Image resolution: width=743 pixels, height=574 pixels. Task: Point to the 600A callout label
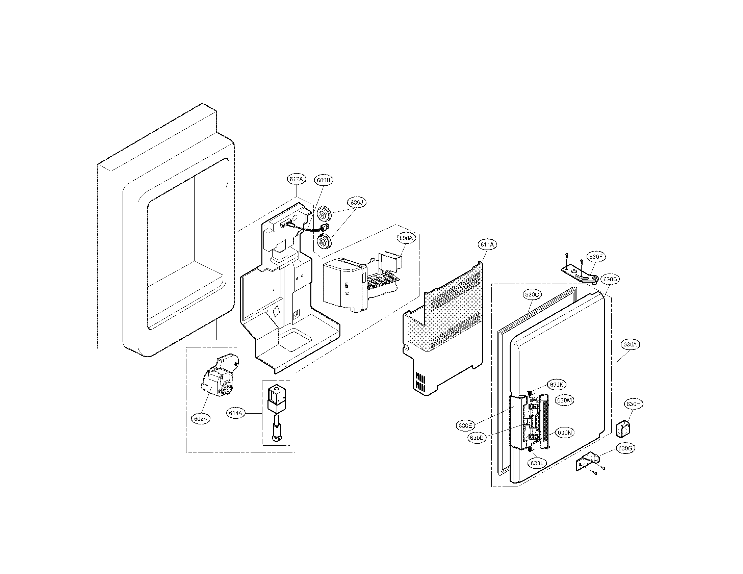pos(406,238)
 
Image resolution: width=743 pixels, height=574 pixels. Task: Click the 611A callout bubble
pos(487,244)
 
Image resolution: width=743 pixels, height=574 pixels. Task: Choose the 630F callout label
pos(595,257)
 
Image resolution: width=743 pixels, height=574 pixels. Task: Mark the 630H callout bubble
pos(633,404)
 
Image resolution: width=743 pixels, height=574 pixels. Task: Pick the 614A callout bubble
pos(235,413)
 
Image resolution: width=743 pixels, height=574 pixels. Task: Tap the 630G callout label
pos(624,448)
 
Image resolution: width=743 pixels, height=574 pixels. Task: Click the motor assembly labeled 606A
pos(219,376)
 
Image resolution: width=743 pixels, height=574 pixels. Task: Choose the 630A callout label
pos(630,344)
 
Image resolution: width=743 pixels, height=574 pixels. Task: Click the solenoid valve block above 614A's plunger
pos(276,398)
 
